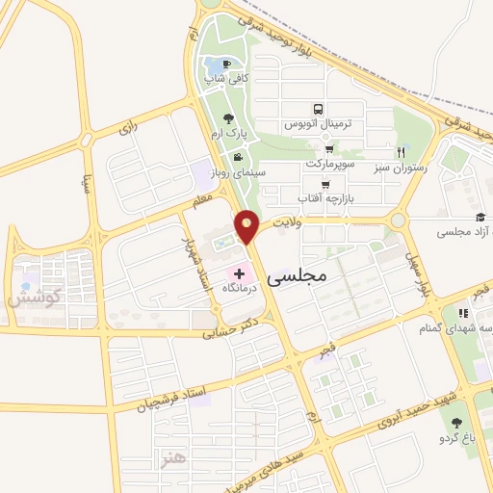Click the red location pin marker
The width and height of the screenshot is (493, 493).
tap(247, 227)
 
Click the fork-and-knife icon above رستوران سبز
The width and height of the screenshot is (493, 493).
tap(401, 152)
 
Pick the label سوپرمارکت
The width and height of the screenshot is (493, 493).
tap(330, 164)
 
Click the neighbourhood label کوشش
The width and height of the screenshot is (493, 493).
tap(36, 296)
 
